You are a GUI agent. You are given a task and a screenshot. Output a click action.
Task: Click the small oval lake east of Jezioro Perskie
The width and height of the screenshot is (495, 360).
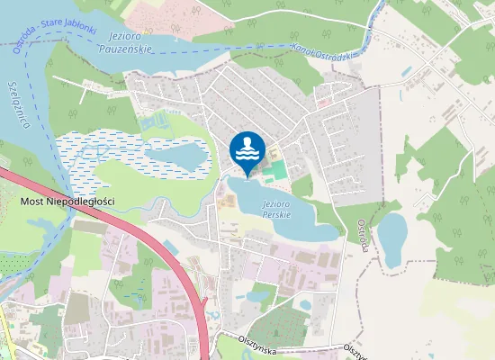392,237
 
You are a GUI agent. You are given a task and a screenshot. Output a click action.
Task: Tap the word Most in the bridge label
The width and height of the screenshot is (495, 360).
34,202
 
